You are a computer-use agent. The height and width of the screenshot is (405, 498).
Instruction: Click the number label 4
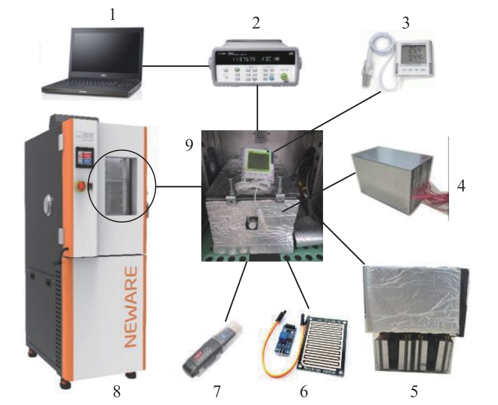[461, 187]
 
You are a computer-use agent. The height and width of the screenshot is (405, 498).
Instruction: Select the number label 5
[415, 392]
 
